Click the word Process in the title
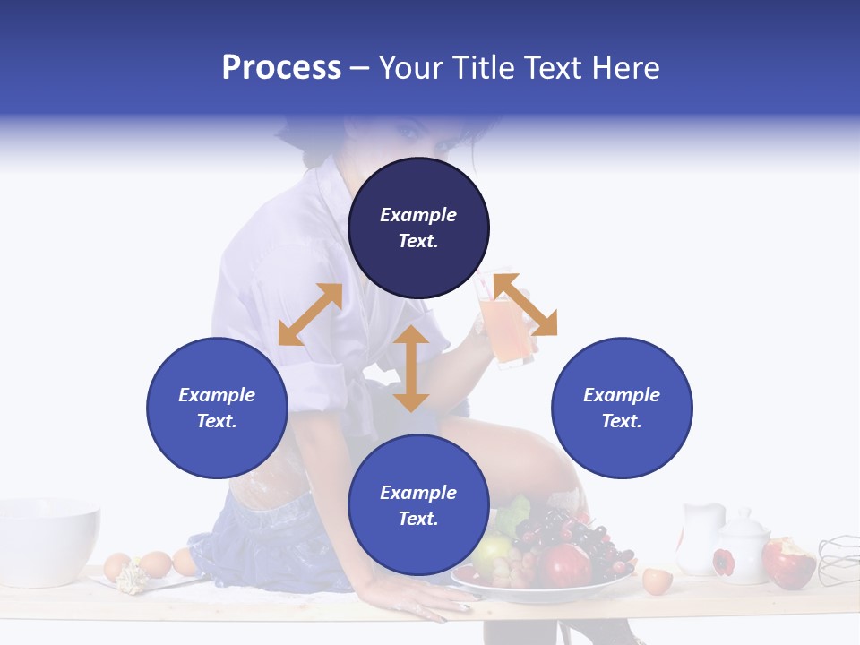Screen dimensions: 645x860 tap(281, 68)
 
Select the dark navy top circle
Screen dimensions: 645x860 tap(418, 228)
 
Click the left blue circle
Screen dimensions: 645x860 tap(217, 408)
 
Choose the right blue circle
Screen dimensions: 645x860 tap(622, 408)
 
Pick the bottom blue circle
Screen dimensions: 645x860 tap(418, 505)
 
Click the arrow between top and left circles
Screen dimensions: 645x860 tap(310, 314)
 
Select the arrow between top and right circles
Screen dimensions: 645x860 tap(525, 305)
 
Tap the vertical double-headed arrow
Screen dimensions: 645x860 tap(411, 368)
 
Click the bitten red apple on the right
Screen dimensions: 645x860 tap(787, 562)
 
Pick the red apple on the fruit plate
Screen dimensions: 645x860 tap(564, 565)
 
